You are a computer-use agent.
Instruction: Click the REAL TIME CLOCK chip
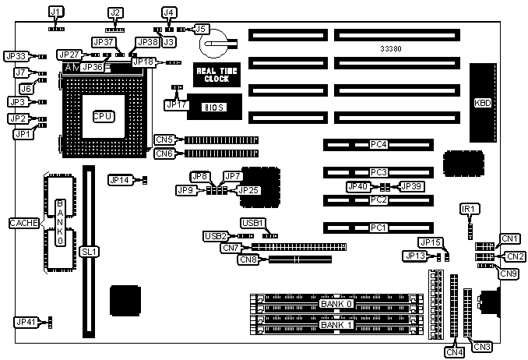point(212,75)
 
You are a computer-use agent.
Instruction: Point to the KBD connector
point(484,103)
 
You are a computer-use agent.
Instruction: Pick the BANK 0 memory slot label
point(336,303)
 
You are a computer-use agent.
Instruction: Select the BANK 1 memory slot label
point(336,324)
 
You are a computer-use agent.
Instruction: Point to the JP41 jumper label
point(26,320)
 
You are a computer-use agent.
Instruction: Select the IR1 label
point(470,209)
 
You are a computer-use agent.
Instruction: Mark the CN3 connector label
point(481,346)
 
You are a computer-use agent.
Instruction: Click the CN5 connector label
point(164,140)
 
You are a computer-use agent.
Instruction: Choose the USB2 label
point(215,235)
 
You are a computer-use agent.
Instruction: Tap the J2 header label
point(116,12)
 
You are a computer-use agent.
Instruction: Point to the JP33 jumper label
point(16,56)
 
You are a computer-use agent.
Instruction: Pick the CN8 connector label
point(249,259)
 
